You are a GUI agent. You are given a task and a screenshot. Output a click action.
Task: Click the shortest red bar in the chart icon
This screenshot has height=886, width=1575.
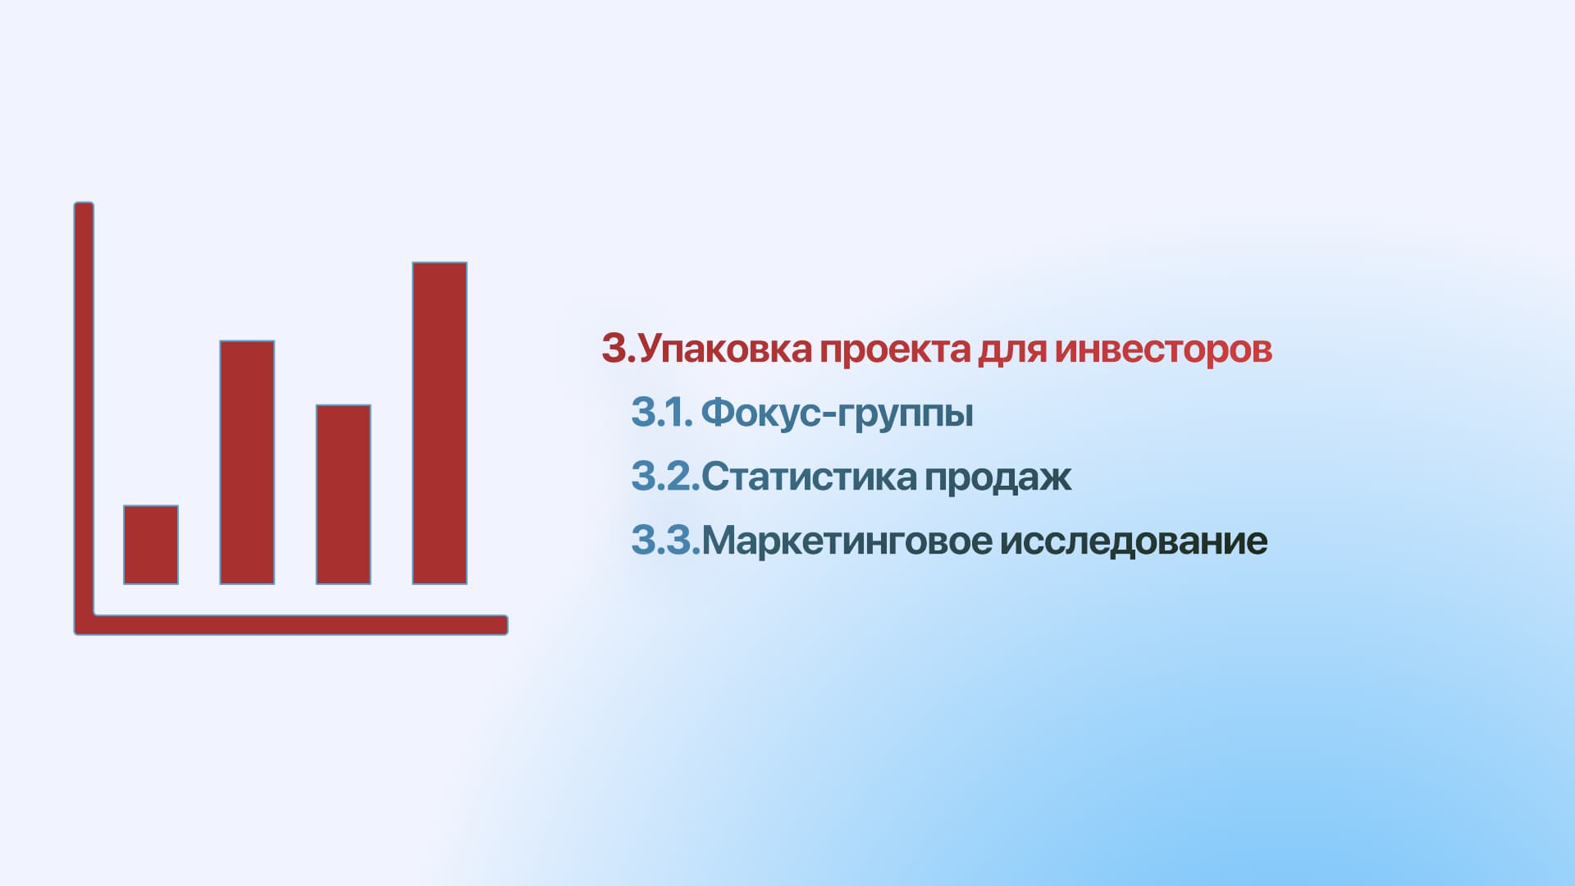point(151,545)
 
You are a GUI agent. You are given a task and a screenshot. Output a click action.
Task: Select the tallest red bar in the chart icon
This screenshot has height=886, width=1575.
point(440,423)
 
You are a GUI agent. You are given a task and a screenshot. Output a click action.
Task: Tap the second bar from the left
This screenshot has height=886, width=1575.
point(247,463)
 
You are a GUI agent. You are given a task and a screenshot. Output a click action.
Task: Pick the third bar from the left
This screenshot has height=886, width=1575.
point(343,495)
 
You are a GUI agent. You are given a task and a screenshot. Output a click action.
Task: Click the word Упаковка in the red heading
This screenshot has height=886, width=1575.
point(724,349)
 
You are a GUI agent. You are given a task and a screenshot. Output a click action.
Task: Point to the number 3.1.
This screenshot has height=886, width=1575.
point(662,412)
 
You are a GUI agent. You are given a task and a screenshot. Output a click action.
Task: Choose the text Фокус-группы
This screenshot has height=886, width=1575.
point(838,413)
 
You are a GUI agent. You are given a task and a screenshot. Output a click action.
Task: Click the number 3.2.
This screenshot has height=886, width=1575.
point(665,477)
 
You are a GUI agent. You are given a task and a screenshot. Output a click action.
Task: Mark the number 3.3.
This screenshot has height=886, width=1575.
point(665,541)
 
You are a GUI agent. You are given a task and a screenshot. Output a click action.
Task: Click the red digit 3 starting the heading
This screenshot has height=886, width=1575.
point(614,349)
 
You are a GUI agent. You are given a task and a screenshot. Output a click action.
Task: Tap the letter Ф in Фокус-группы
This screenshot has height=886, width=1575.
point(717,412)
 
